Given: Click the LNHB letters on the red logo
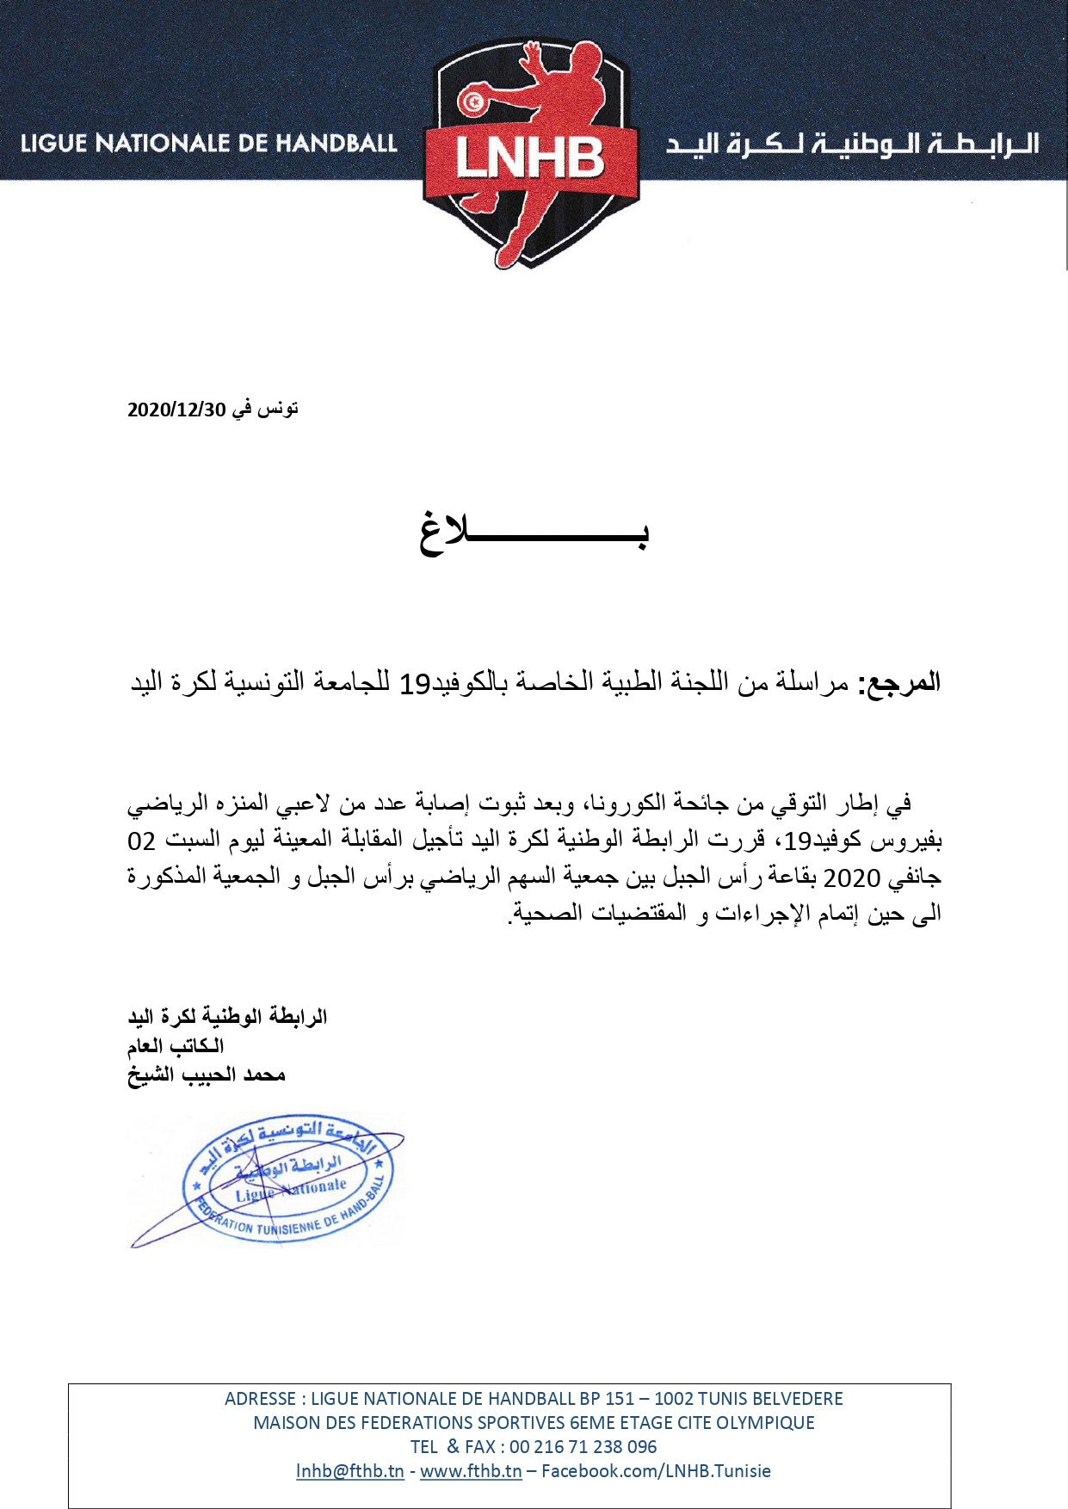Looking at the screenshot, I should point(530,158).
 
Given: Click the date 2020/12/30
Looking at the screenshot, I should point(176,410).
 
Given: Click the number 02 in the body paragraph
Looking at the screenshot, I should point(141,841).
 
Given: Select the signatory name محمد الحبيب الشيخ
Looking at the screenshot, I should point(207,1075).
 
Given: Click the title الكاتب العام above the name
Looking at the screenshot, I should point(176,1046).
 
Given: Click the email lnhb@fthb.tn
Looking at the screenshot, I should point(349,1470).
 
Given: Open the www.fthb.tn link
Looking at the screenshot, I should point(471,1470).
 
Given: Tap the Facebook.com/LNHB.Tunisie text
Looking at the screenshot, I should point(656,1470).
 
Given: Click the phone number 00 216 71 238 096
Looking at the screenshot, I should point(583,1446).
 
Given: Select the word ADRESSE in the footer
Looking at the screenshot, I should point(260,1398).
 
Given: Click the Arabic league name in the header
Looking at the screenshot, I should point(852,144).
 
